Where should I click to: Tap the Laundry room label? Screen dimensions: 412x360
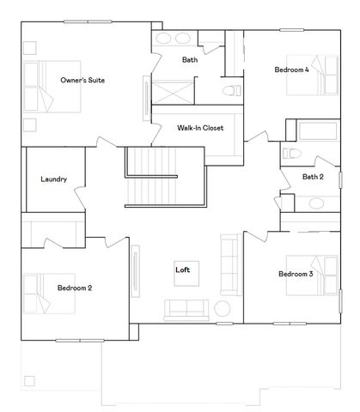53,179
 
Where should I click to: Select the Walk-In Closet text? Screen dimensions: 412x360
200,127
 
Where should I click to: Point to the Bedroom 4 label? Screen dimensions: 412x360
291,70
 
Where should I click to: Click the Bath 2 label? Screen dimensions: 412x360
313,177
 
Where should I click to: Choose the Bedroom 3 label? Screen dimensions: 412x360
295,274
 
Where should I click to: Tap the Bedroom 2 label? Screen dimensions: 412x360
75,288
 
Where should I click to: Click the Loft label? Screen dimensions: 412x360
182,270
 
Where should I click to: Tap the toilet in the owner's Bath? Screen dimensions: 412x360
229,90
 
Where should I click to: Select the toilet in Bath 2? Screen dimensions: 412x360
290,153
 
